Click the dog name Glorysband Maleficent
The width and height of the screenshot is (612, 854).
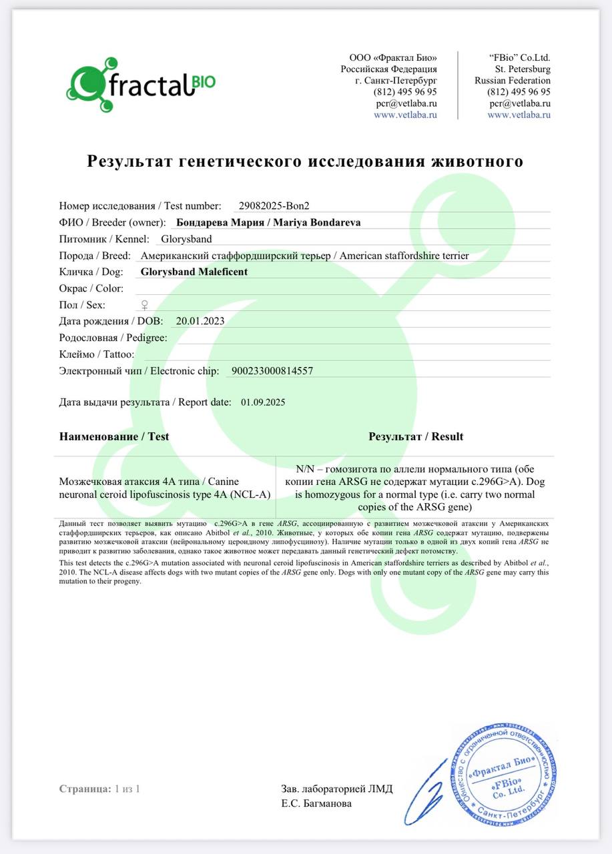(194, 272)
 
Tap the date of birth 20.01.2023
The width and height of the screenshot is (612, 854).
(200, 321)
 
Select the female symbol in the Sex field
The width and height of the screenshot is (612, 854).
(143, 305)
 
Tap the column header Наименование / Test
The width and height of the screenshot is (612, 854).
(114, 436)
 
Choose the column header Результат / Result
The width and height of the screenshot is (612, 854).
(416, 436)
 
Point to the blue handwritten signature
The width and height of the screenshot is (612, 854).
(427, 794)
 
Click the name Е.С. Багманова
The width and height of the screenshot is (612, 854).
(316, 803)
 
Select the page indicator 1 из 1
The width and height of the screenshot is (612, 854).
(127, 789)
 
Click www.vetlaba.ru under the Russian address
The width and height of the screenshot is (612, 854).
(405, 114)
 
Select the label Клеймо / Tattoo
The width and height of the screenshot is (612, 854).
(97, 354)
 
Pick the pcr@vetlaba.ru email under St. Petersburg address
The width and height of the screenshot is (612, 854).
(519, 103)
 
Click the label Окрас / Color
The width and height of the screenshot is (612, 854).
(91, 288)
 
